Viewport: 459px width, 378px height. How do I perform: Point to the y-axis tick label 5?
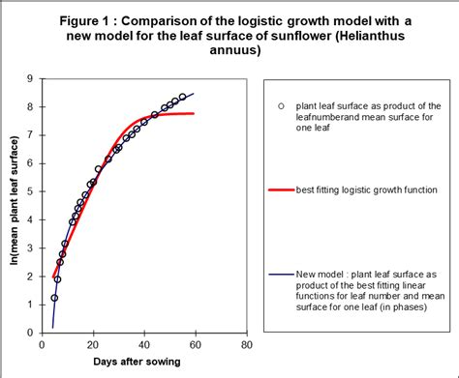click(30, 191)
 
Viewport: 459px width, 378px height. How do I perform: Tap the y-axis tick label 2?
click(30, 276)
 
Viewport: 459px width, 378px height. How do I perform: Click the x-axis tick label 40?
click(143, 344)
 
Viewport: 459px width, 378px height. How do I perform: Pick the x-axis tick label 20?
click(92, 344)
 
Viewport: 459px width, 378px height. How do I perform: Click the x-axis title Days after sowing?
click(143, 362)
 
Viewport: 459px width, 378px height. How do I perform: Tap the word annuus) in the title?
click(229, 51)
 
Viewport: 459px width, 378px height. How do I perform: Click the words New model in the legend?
click(324, 275)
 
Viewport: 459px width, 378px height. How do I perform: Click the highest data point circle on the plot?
click(182, 97)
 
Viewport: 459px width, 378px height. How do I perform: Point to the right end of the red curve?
click(194, 113)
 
